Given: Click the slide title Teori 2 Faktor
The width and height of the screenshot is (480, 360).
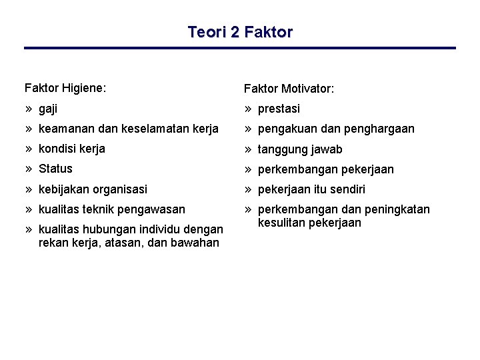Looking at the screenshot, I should pyautogui.click(x=240, y=32).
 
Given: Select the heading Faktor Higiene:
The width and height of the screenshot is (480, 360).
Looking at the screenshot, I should pyautogui.click(x=65, y=87).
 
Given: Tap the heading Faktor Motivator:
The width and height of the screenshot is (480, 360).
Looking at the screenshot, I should pyautogui.click(x=289, y=89).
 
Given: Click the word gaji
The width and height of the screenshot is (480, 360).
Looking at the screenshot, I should pyautogui.click(x=48, y=108).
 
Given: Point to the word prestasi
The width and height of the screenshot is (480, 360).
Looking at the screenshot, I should pyautogui.click(x=279, y=109).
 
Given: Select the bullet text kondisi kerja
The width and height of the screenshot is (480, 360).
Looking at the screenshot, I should pyautogui.click(x=72, y=149).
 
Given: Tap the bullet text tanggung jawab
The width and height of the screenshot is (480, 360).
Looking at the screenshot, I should pyautogui.click(x=300, y=149).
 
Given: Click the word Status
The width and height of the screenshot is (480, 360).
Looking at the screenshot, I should pyautogui.click(x=55, y=169).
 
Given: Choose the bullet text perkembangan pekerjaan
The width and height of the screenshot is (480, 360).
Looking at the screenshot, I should pyautogui.click(x=325, y=169).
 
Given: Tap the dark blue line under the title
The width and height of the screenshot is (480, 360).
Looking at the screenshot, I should pyautogui.click(x=240, y=48).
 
